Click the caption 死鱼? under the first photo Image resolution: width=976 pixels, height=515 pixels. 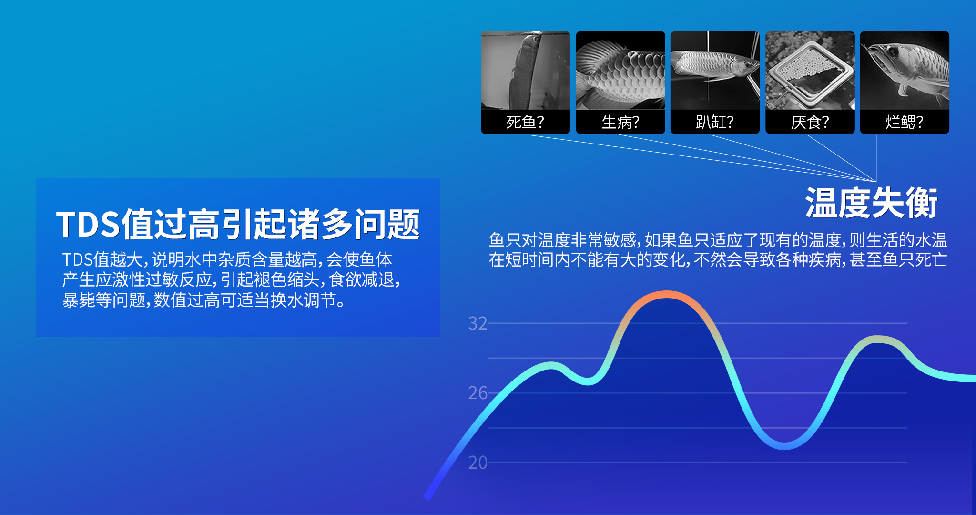(525, 122)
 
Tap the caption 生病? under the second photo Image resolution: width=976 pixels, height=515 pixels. (620, 122)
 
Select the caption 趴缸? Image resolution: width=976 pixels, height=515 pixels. (714, 122)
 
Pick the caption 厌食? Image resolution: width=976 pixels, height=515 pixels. (810, 122)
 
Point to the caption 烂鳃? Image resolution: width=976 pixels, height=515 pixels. (904, 122)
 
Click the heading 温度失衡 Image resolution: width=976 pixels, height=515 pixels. (872, 203)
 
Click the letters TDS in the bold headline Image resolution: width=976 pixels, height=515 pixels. (88, 224)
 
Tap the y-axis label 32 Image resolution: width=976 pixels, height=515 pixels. (478, 323)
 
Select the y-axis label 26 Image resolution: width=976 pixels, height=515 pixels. (478, 393)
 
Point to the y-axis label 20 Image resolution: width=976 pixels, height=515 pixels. (478, 463)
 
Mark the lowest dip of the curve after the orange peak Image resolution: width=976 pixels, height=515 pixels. (784, 446)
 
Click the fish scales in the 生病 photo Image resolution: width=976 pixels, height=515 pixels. (624, 76)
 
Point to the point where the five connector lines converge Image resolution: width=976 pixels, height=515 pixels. (876, 182)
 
